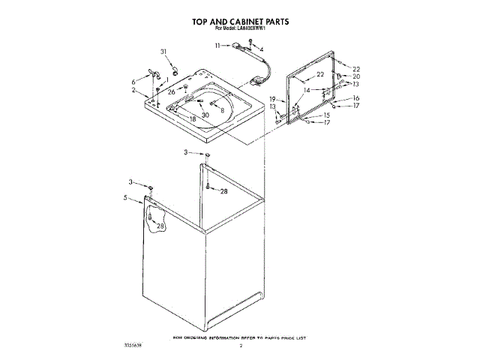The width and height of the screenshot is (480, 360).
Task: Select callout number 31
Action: (164, 51)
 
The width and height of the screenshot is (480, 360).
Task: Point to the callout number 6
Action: (135, 80)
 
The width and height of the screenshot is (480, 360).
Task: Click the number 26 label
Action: (172, 91)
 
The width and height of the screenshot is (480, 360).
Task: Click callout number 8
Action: (222, 110)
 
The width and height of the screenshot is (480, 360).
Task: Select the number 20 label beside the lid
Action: (357, 76)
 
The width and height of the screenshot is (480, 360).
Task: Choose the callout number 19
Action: (274, 100)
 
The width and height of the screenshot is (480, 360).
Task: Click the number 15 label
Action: (327, 115)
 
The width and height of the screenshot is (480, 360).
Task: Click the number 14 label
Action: (306, 90)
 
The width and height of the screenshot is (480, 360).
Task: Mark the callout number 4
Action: (261, 49)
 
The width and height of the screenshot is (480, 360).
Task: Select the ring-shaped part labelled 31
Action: (175, 72)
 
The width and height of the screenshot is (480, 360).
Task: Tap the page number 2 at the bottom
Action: (241, 346)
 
